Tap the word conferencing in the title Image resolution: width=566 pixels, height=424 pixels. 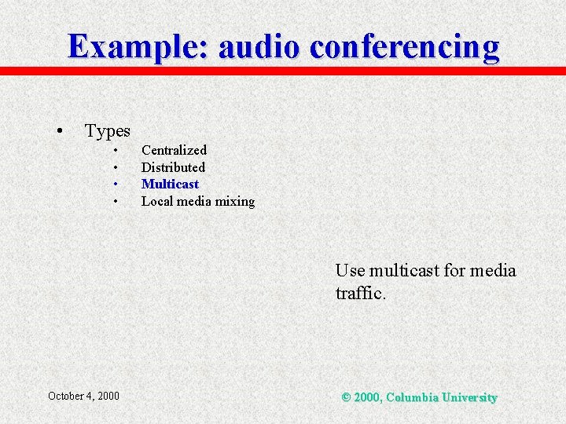tap(405, 47)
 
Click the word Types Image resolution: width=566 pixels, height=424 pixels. tap(108, 130)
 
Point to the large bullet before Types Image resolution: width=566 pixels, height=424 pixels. tap(59, 130)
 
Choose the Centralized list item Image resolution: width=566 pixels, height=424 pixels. tap(174, 150)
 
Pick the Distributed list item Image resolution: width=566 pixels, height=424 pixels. tap(173, 167)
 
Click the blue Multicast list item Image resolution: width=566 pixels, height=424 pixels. tap(170, 184)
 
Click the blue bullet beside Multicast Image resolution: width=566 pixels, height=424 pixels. tap(115, 185)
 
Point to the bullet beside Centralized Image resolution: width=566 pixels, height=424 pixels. tap(115, 151)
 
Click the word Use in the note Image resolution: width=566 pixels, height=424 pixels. tap(350, 271)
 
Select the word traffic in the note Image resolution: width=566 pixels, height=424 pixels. tap(358, 294)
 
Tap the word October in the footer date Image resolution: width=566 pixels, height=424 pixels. tap(69, 396)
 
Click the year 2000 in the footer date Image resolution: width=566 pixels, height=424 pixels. tap(108, 396)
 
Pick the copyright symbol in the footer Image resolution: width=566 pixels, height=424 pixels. tap(346, 397)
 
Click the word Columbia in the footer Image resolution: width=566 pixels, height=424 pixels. tap(412, 397)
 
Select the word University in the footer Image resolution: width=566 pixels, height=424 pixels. tap(469, 397)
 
